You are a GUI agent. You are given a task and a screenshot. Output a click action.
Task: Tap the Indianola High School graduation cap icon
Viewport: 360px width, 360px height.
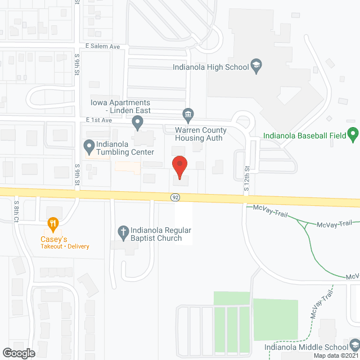(256, 66)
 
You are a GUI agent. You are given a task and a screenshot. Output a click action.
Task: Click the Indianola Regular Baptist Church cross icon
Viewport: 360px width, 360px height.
(124, 231)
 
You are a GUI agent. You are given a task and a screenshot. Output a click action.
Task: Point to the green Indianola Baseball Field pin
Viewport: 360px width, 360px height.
(353, 135)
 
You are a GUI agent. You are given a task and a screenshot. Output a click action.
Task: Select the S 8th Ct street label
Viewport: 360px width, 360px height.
(17, 211)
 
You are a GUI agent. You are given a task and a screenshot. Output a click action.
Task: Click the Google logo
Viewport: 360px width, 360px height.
(18, 353)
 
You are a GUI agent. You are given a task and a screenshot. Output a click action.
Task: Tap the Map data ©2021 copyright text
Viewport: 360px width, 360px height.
(335, 355)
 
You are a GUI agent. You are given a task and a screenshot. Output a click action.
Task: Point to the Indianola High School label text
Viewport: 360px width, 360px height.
(210, 67)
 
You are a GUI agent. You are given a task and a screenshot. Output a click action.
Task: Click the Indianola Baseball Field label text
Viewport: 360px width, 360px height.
(304, 136)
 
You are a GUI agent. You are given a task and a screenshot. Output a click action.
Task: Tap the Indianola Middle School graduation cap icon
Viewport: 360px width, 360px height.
(354, 344)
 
